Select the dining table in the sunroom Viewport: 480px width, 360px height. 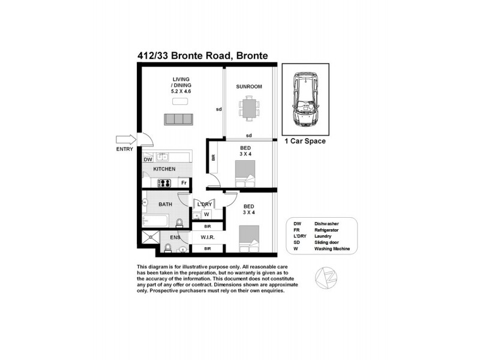pos(248,108)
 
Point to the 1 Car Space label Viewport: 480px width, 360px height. pos(305,142)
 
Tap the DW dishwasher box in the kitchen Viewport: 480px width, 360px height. pos(148,160)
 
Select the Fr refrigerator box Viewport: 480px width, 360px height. pos(184,182)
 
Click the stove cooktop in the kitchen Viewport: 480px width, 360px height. pos(166,182)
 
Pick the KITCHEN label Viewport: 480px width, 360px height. pos(164,169)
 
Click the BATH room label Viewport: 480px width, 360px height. pos(165,204)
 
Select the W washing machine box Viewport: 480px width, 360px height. pos(206,214)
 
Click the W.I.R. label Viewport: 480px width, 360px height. pos(208,238)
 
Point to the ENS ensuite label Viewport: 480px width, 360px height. pos(175,238)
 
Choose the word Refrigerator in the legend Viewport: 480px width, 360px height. pos(329,229)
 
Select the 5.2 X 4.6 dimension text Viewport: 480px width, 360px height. pos(181,91)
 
